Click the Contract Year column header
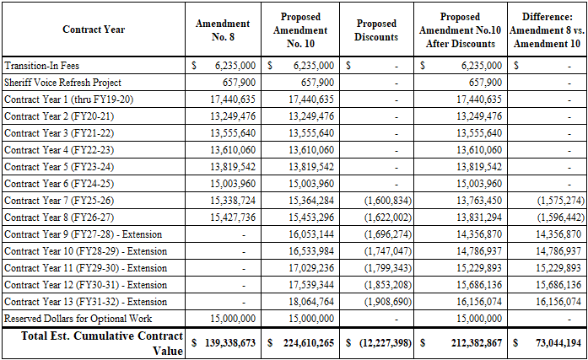pyautogui.click(x=93, y=30)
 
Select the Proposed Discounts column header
pyautogui.click(x=376, y=30)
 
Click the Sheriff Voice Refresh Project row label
pyautogui.click(x=62, y=83)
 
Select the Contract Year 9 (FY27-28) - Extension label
pyautogui.click(x=83, y=234)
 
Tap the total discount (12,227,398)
pyautogui.click(x=383, y=344)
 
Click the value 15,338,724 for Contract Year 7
pyautogui.click(x=230, y=201)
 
